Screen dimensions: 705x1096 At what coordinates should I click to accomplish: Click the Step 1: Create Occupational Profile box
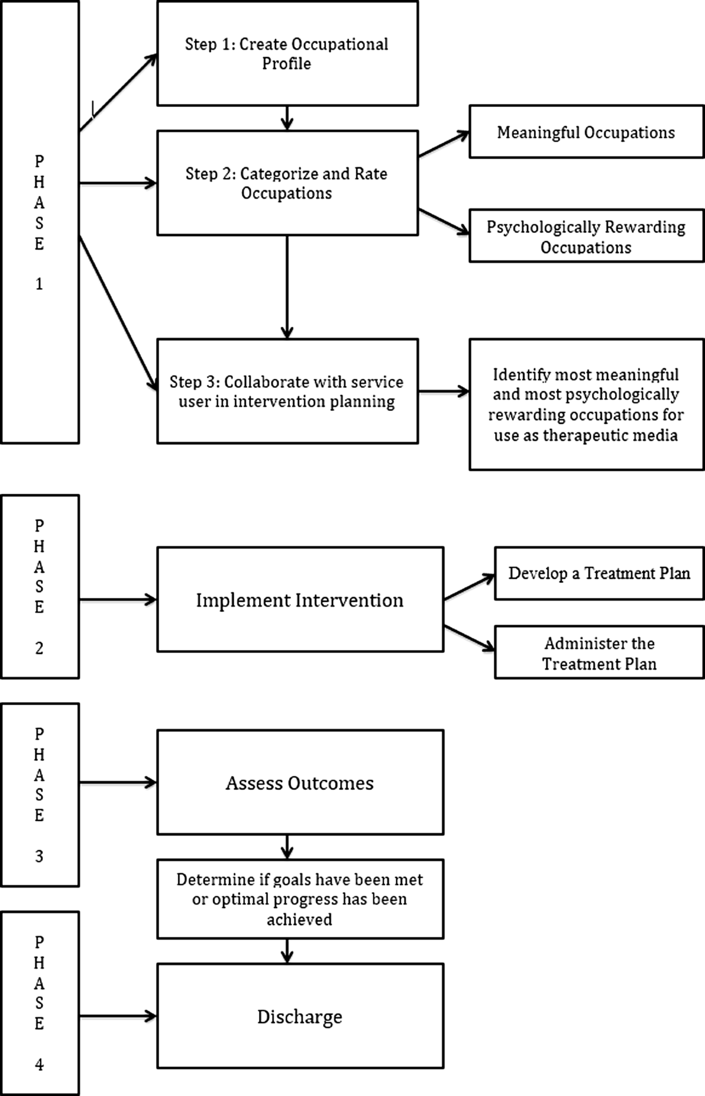point(287,53)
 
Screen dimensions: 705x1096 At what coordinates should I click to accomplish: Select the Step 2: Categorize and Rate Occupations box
point(287,183)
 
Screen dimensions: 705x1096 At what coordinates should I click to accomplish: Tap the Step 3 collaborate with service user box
point(287,391)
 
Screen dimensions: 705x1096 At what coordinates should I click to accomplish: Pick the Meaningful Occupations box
point(586,132)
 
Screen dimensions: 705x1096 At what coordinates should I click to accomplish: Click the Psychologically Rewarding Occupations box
point(586,236)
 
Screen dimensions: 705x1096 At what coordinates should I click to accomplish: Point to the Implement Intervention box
point(300,599)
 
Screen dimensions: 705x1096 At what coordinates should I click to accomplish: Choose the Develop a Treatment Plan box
point(599,574)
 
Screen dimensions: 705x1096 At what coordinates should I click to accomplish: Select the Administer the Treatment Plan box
point(599,652)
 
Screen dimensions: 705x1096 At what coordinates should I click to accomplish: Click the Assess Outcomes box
point(300,782)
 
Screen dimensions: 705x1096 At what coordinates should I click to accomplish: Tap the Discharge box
point(300,1016)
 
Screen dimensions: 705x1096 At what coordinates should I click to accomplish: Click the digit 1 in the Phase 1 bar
point(39,284)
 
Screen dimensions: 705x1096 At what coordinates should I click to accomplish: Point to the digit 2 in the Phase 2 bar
point(39,648)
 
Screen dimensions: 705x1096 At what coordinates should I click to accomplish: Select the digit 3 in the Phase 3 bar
point(39,856)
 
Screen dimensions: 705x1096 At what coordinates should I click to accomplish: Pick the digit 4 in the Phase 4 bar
point(39,1064)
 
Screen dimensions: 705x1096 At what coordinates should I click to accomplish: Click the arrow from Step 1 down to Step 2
point(287,118)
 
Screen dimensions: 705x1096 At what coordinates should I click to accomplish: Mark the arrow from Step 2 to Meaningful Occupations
point(444,144)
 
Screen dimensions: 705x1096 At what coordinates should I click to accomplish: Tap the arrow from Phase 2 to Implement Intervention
point(118,600)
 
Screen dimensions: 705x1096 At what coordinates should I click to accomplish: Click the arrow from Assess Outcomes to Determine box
point(287,847)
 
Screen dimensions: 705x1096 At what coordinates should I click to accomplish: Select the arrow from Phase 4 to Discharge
point(118,1016)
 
